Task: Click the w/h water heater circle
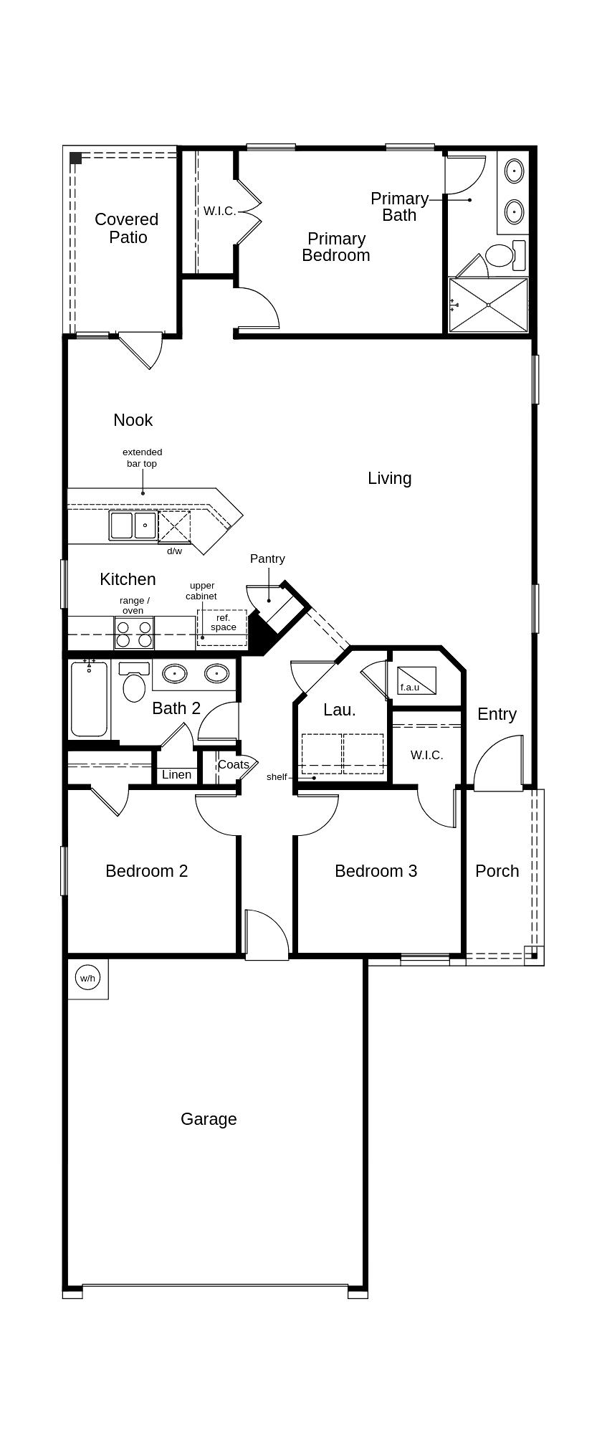click(87, 978)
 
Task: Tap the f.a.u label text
click(410, 687)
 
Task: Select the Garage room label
click(209, 1119)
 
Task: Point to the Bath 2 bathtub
click(89, 699)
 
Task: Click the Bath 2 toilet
click(134, 683)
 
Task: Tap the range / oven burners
click(134, 633)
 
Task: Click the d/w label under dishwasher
click(175, 551)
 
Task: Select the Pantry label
click(267, 558)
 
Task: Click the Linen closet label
click(176, 774)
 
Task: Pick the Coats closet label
click(234, 764)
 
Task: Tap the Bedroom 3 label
click(376, 871)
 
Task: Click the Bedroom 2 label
click(147, 871)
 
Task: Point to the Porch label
click(497, 871)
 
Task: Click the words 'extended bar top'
click(142, 458)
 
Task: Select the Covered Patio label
click(127, 228)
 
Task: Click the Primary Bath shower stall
click(488, 305)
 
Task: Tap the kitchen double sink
click(133, 526)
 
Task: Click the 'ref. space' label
click(224, 622)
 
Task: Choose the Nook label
click(133, 420)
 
